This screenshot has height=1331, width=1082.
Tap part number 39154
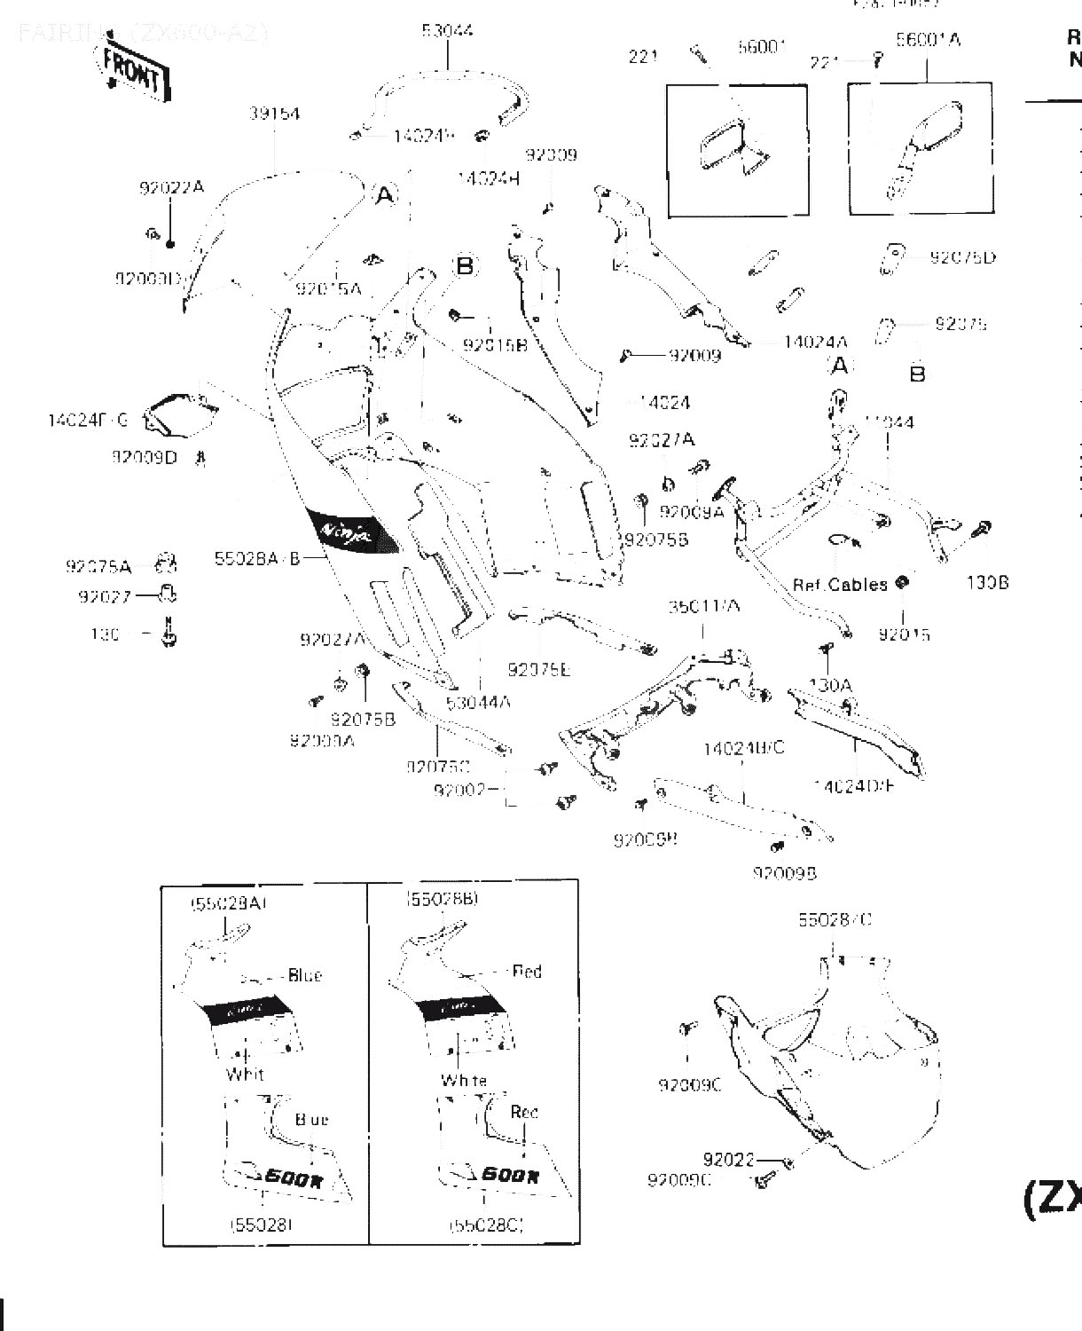274,114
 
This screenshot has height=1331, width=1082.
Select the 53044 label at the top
447,31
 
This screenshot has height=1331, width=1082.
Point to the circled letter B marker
465,265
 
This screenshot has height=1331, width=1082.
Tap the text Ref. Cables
840,585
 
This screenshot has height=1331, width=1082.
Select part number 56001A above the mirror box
928,40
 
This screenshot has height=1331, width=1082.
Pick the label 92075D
962,257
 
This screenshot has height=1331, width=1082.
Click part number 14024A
815,343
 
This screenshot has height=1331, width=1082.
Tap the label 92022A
171,188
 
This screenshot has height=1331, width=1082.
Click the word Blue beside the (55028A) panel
305,976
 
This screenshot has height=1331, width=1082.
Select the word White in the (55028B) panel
464,1081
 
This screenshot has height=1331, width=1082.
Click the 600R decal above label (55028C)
508,1177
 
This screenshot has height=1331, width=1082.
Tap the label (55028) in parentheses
261,1225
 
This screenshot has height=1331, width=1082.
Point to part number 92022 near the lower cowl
728,1160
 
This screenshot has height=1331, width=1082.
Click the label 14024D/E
854,785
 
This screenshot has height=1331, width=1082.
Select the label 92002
459,789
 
